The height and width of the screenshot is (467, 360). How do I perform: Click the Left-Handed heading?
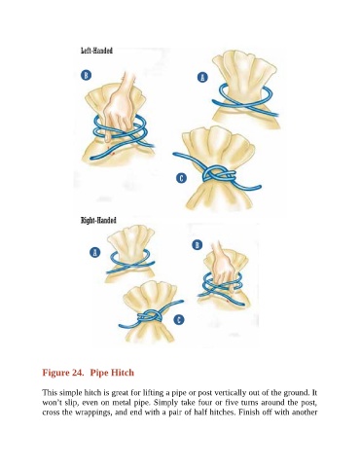[96, 51]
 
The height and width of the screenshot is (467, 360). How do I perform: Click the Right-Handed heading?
[98, 221]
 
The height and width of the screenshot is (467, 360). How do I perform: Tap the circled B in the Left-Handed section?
[86, 75]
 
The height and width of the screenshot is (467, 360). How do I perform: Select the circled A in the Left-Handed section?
[202, 77]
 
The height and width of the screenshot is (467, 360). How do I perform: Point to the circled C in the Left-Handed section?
[181, 178]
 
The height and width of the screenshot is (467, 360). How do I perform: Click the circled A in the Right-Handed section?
[94, 252]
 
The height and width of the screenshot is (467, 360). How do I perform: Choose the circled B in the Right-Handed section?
[198, 245]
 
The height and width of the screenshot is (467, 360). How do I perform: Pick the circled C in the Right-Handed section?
[179, 319]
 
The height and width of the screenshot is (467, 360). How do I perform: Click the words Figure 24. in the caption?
[63, 373]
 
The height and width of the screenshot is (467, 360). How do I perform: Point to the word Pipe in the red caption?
[98, 373]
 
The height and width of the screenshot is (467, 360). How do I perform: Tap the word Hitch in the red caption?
[122, 373]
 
